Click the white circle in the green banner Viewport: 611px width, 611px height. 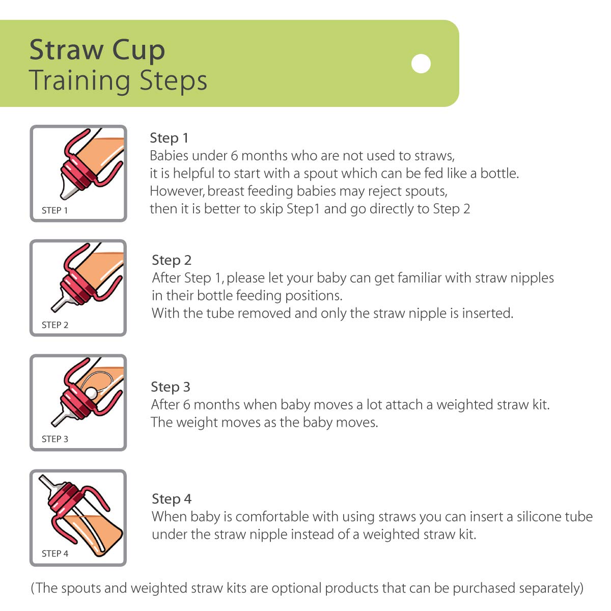(x=421, y=64)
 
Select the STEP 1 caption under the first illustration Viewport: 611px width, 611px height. (x=54, y=210)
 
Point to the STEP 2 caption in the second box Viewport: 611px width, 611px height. (x=54, y=325)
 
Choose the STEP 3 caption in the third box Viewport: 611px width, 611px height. (x=54, y=439)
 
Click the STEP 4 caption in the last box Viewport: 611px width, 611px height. (x=54, y=553)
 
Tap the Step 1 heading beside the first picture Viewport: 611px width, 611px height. (x=169, y=138)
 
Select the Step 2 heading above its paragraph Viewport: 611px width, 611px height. (x=172, y=260)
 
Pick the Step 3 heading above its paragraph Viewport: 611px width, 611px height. (x=171, y=387)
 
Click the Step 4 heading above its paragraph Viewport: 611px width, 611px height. (x=172, y=499)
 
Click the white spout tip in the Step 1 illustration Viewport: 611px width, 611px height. (x=66, y=192)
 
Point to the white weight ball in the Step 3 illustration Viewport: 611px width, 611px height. (x=91, y=393)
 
